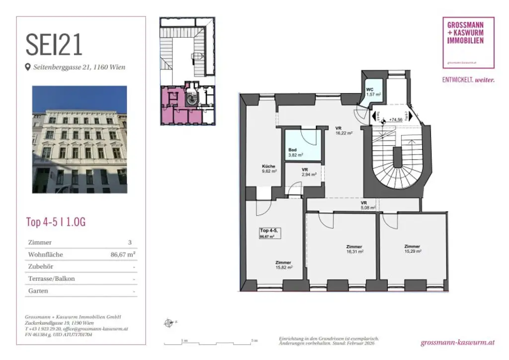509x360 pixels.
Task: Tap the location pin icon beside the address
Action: point(28,67)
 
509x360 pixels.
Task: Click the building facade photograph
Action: point(80,139)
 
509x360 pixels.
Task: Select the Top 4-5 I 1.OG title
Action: point(56,222)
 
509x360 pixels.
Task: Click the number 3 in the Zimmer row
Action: point(130,243)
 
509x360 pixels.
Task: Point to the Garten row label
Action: point(38,291)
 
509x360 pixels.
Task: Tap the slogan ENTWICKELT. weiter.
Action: point(468,80)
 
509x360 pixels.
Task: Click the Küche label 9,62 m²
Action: point(269,170)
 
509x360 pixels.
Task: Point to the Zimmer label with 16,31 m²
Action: point(354,249)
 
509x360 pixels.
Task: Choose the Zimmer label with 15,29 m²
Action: point(412,249)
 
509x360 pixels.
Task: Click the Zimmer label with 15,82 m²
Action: point(283,265)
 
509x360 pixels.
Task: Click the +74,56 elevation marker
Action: point(396,120)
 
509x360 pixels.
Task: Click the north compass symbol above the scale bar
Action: point(168,323)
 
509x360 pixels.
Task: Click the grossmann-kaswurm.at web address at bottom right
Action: point(457,343)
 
